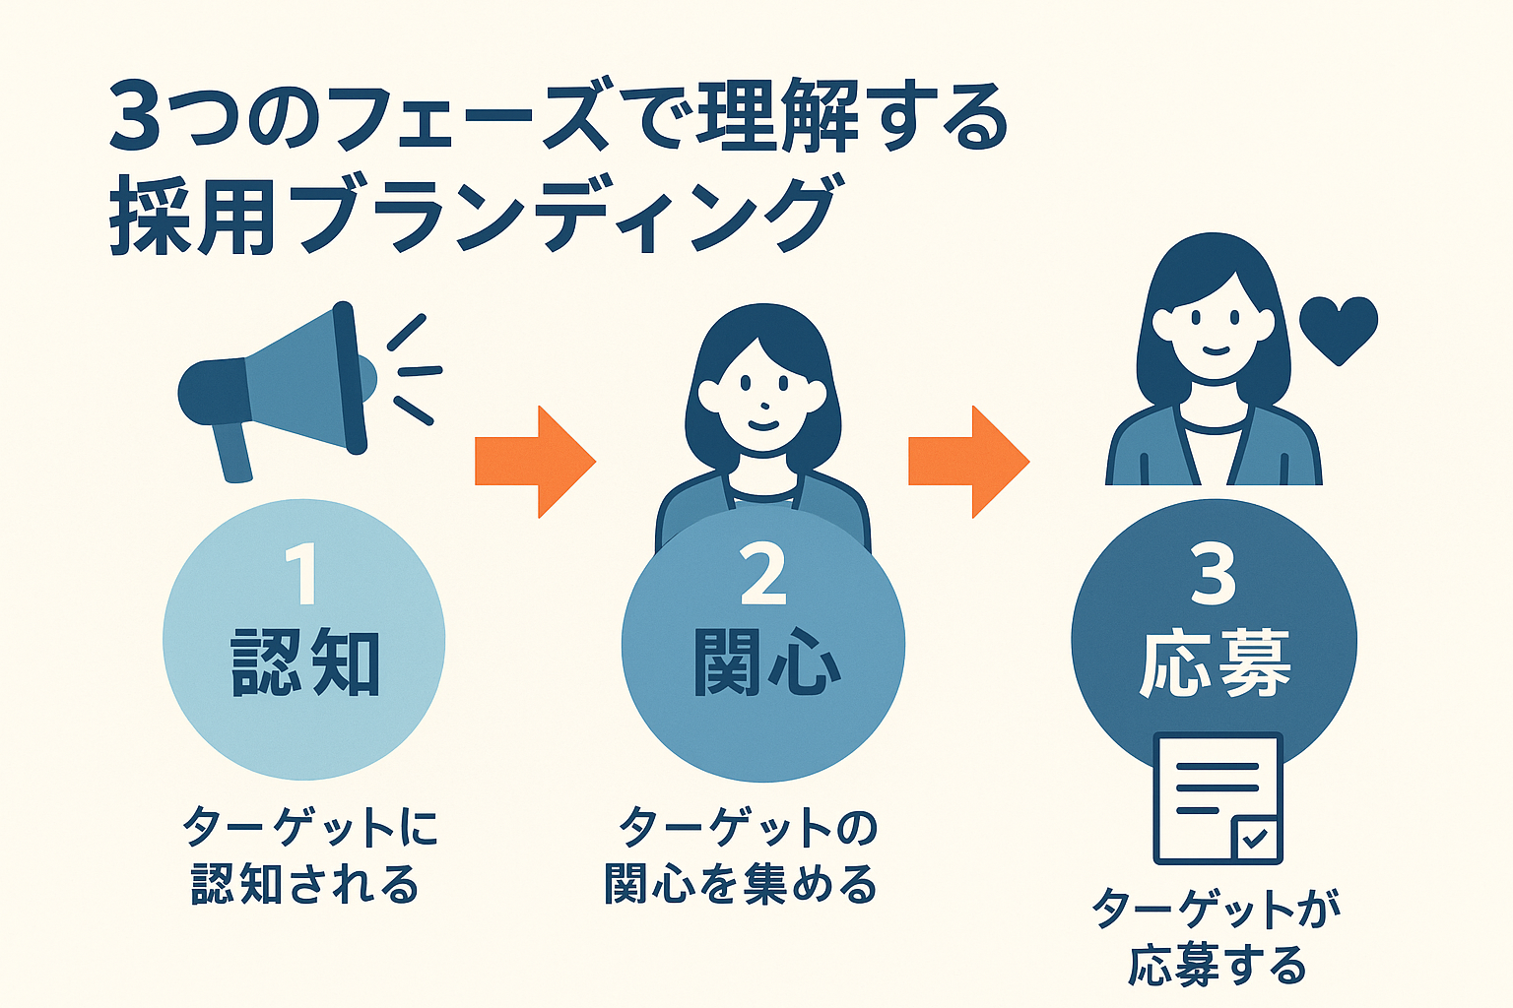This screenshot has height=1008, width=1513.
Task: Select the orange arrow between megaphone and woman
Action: click(x=535, y=461)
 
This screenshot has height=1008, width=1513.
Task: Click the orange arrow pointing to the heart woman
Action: click(x=968, y=461)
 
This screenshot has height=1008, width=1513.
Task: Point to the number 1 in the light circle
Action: click(x=302, y=576)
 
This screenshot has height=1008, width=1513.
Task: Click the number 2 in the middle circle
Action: click(x=763, y=576)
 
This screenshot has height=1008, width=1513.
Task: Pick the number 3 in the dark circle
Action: click(x=1213, y=576)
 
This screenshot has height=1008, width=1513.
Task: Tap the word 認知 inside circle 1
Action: click(x=305, y=664)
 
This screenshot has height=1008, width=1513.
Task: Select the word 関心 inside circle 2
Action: click(x=766, y=664)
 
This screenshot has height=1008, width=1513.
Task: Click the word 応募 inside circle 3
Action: click(x=1215, y=664)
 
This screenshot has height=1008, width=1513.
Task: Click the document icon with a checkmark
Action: click(x=1217, y=797)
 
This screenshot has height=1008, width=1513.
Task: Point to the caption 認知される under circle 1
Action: click(x=305, y=884)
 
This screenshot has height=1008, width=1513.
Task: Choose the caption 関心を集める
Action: click(x=741, y=884)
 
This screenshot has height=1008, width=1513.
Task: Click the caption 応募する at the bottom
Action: click(x=1217, y=966)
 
